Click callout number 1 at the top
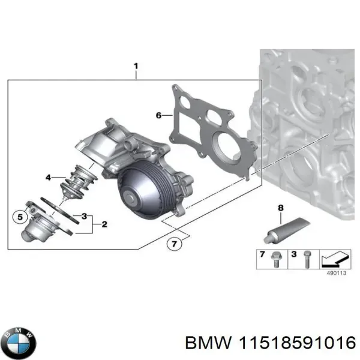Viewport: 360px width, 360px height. pyautogui.click(x=136, y=66)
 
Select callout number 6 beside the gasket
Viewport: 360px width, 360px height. pyautogui.click(x=158, y=115)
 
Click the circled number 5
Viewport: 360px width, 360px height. pyautogui.click(x=19, y=216)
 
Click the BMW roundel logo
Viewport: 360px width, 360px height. pyautogui.click(x=19, y=344)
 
